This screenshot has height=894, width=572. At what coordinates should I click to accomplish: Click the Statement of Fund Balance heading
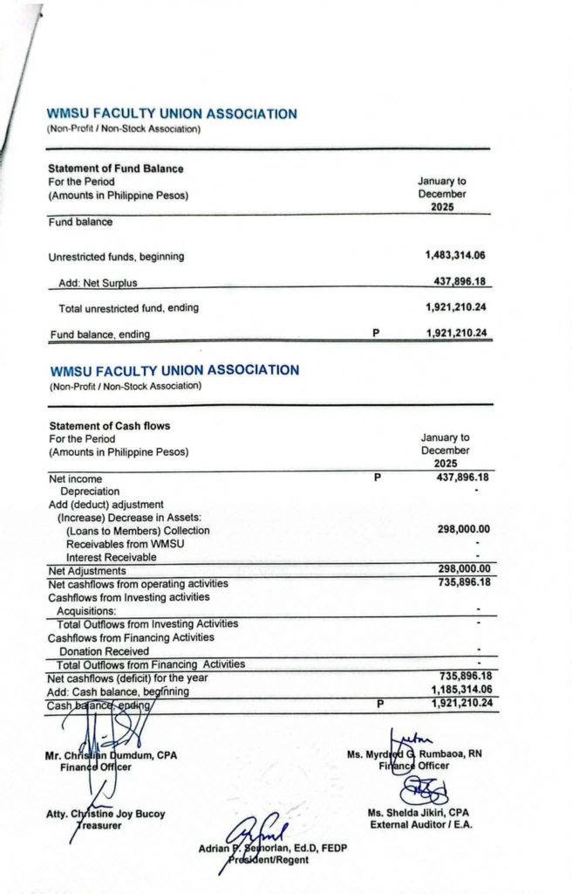click(x=115, y=168)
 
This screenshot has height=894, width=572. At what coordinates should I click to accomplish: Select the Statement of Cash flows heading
click(x=109, y=426)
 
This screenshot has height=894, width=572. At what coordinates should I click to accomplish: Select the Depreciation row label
click(x=90, y=492)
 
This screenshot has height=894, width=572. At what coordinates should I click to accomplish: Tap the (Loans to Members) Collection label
click(x=138, y=531)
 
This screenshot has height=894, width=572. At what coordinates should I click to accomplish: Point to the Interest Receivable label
click(x=111, y=557)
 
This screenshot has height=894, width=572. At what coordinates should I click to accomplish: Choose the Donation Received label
click(x=104, y=651)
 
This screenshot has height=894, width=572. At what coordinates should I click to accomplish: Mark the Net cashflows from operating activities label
click(x=138, y=583)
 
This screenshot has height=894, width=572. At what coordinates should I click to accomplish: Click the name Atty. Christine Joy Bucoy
click(x=106, y=815)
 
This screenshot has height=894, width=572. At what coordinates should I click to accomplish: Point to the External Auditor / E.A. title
click(x=421, y=824)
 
